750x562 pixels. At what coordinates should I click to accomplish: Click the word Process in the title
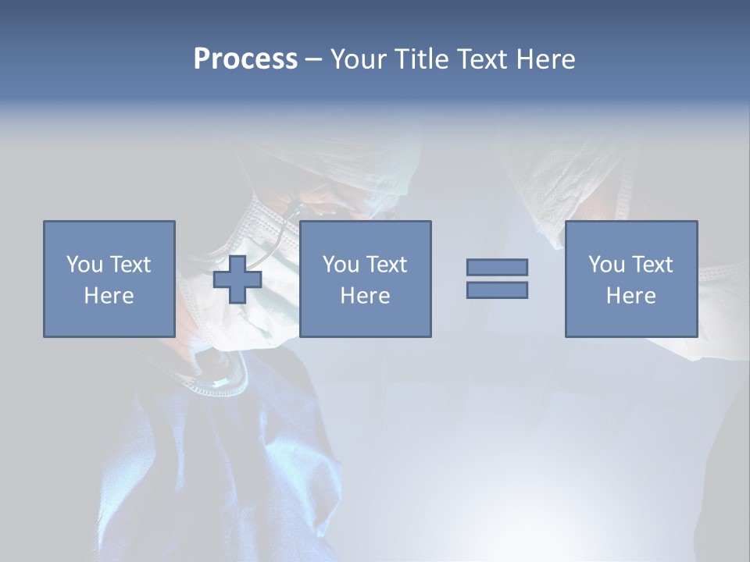(245, 59)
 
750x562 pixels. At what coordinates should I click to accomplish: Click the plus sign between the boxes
(237, 279)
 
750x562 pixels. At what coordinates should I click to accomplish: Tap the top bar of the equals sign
(497, 267)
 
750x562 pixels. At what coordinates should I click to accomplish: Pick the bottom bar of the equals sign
(497, 290)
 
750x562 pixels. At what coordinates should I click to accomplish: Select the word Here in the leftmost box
(109, 296)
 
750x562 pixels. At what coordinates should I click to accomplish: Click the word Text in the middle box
(387, 265)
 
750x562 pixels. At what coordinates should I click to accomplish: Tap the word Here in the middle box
(365, 296)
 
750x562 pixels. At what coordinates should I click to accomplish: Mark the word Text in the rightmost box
(652, 265)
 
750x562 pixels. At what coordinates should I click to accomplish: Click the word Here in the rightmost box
(630, 296)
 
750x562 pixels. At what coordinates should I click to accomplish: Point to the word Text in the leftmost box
(130, 265)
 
